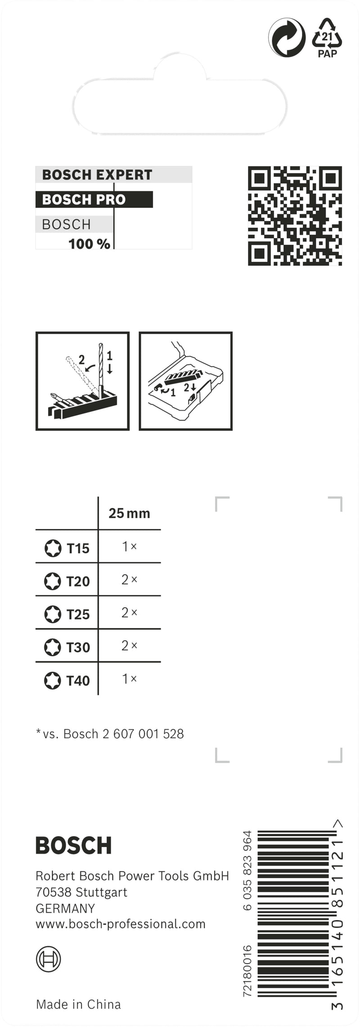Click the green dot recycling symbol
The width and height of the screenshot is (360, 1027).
click(287, 38)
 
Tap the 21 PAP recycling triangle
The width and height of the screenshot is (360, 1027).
click(327, 38)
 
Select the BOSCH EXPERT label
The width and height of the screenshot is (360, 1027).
click(97, 175)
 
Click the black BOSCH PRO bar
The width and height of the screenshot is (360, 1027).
click(94, 199)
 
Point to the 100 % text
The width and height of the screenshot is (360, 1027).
click(89, 244)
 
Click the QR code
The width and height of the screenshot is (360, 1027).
click(295, 215)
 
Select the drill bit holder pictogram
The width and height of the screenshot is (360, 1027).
click(82, 381)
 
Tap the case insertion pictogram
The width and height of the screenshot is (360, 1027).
click(185, 381)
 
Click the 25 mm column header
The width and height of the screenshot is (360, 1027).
click(129, 513)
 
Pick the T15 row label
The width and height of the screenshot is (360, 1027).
click(78, 548)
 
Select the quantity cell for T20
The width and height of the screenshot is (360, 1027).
click(129, 580)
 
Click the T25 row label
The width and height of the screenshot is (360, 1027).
click(78, 614)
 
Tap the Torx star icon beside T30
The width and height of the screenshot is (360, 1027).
click(53, 647)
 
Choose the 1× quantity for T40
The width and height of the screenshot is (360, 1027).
click(129, 679)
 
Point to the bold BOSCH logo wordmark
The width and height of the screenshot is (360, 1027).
click(73, 846)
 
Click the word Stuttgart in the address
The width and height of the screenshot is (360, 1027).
click(101, 892)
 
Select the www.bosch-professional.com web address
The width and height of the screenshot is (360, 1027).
click(121, 924)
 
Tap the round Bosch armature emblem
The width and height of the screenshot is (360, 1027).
click(48, 959)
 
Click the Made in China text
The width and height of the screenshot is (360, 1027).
click(78, 1005)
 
